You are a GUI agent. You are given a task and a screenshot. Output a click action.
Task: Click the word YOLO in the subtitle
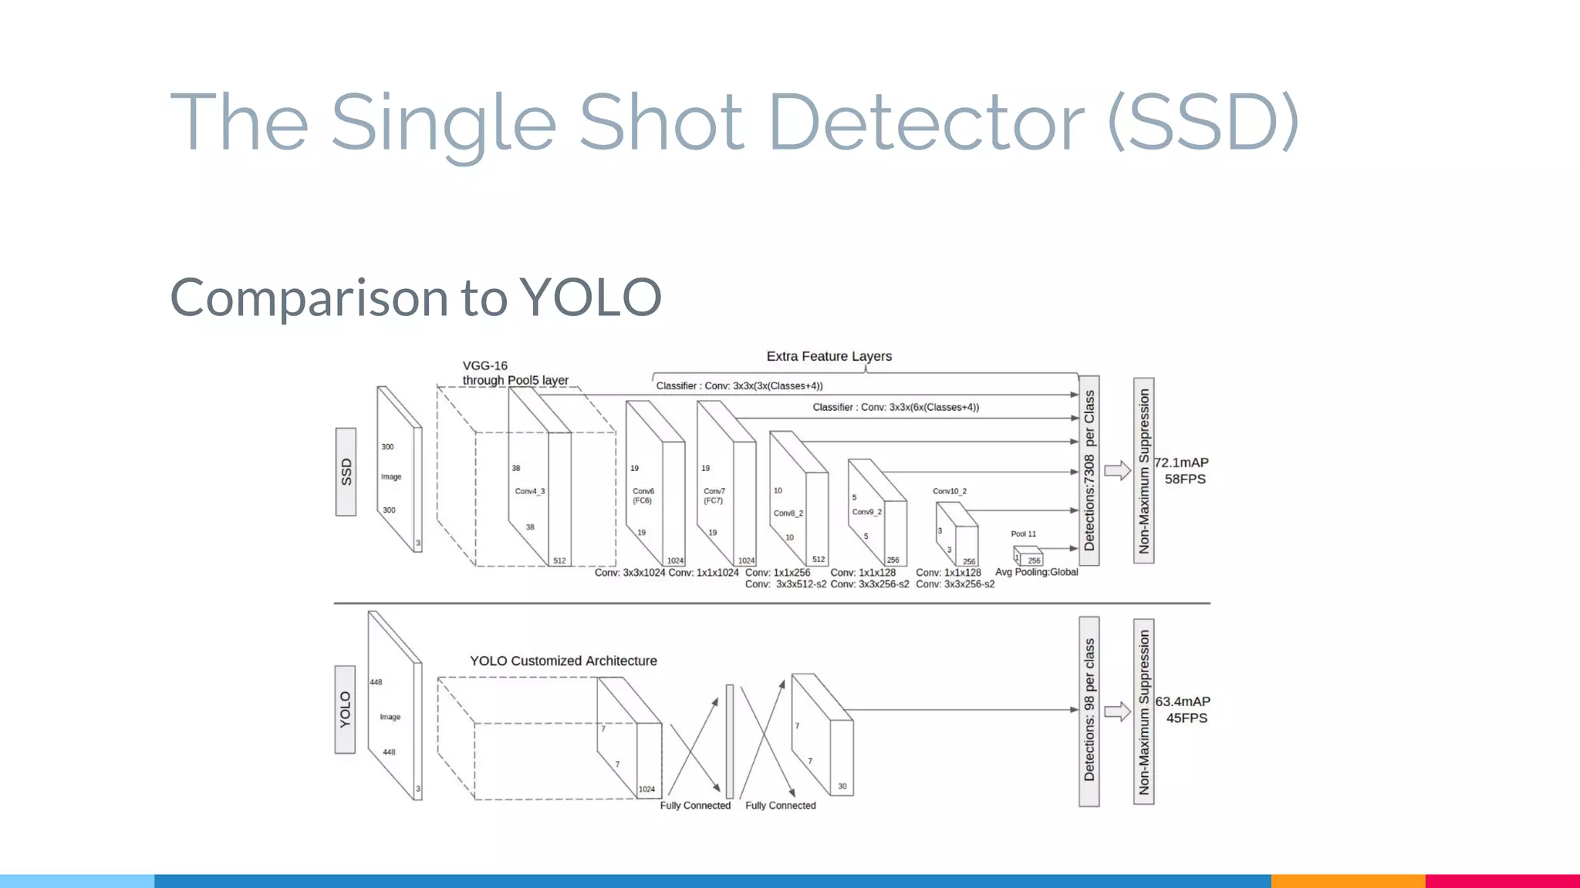tap(590, 298)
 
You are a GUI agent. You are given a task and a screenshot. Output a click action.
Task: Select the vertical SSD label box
tap(346, 472)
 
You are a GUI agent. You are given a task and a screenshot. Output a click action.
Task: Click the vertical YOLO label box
tap(345, 709)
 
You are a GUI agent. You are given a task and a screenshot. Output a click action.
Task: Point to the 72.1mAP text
tap(1182, 462)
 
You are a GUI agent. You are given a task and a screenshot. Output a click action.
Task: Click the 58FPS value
tap(1185, 479)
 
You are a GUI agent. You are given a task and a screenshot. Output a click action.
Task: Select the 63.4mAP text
tap(1183, 701)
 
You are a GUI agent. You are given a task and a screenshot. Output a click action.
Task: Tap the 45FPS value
tap(1187, 718)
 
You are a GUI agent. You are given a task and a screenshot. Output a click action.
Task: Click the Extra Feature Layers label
tap(829, 356)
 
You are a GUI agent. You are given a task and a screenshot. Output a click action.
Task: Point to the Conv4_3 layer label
tap(530, 491)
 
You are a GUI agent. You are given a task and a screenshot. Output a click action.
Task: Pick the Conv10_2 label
tap(949, 491)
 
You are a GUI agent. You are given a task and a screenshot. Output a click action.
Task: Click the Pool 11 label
tap(1024, 533)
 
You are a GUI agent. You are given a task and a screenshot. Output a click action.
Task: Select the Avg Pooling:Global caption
tap(1036, 572)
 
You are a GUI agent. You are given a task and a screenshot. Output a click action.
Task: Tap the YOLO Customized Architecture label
tap(563, 661)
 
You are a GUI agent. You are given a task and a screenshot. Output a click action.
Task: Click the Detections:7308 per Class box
tap(1089, 470)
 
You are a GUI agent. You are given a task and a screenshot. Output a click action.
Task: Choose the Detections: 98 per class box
tap(1089, 711)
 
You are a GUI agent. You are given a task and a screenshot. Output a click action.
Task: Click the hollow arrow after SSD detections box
tap(1117, 470)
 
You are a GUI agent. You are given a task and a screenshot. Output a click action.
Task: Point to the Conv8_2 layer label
tap(788, 513)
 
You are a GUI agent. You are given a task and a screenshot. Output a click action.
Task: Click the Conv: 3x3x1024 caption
tap(630, 573)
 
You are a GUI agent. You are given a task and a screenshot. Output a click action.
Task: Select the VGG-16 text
tap(484, 365)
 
